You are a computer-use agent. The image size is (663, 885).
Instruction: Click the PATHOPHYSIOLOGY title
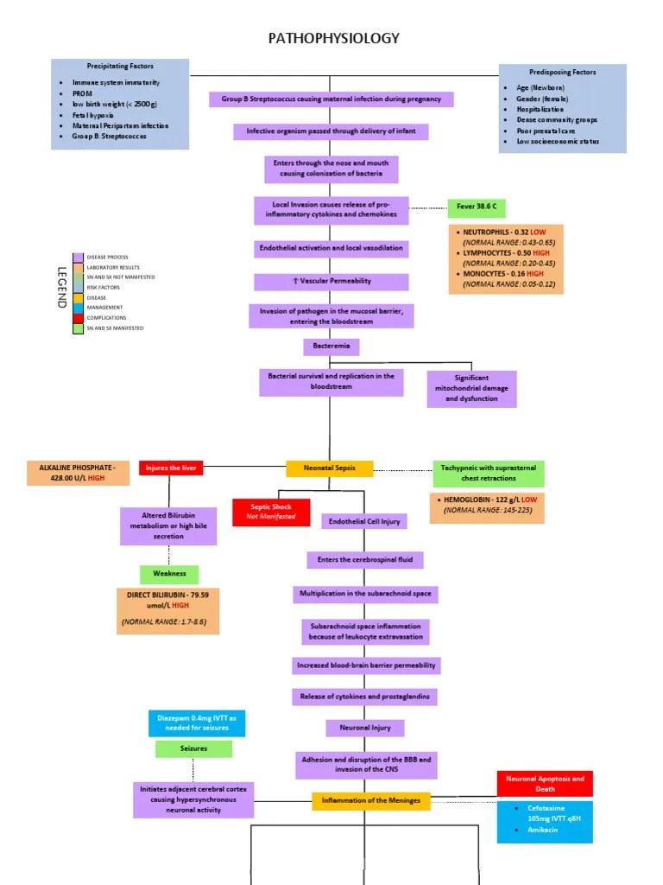(334, 38)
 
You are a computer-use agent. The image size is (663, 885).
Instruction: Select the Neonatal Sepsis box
(330, 468)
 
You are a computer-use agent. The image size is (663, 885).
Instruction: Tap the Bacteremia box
(331, 347)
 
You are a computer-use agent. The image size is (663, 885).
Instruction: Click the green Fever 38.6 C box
(476, 208)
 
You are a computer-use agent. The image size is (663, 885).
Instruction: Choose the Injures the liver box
(171, 468)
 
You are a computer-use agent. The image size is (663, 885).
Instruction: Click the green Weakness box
(169, 574)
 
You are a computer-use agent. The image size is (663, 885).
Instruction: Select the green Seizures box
(193, 748)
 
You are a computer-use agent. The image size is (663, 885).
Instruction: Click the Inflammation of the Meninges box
(370, 800)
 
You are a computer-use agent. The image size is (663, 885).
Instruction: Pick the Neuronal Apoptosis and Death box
(545, 783)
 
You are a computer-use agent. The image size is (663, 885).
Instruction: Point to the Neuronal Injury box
(364, 728)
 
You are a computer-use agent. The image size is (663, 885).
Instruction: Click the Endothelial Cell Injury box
(362, 521)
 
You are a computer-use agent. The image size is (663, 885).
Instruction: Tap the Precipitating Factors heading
(120, 66)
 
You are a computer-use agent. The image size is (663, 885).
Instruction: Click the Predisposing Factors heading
(562, 72)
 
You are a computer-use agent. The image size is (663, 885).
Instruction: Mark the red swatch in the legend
(78, 318)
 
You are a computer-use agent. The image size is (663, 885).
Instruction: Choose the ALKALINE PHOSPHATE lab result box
(77, 473)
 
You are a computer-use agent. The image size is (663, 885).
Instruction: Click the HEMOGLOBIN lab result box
(487, 510)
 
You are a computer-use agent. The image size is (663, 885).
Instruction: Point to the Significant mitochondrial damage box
(471, 388)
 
